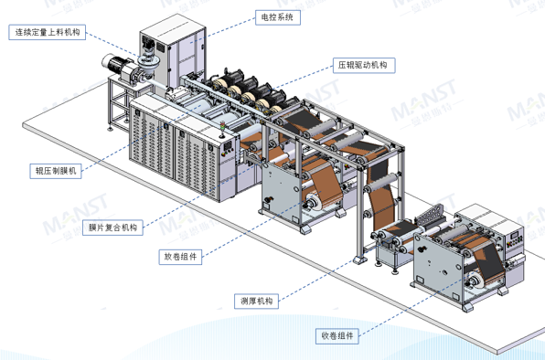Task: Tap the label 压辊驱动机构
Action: coord(361,66)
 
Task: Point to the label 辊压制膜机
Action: coord(57,171)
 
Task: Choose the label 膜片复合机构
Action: coord(112,228)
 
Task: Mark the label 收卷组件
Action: coord(337,335)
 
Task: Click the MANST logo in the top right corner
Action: coord(507,17)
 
